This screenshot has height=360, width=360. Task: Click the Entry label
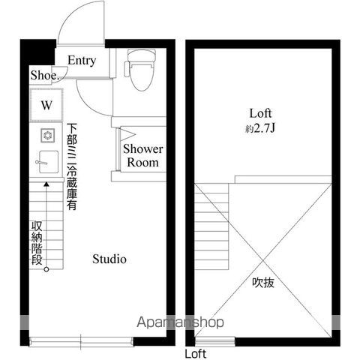82,61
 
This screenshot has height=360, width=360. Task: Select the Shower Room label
142,155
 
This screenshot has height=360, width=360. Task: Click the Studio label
109,259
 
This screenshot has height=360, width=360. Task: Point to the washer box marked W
46,105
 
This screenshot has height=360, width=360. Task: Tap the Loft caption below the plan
196,353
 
